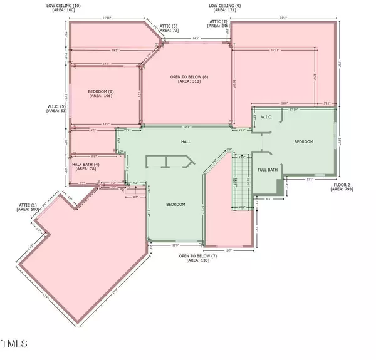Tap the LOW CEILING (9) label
coord(224,5)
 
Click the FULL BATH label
coord(268,170)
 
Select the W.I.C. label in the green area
coord(266,116)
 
